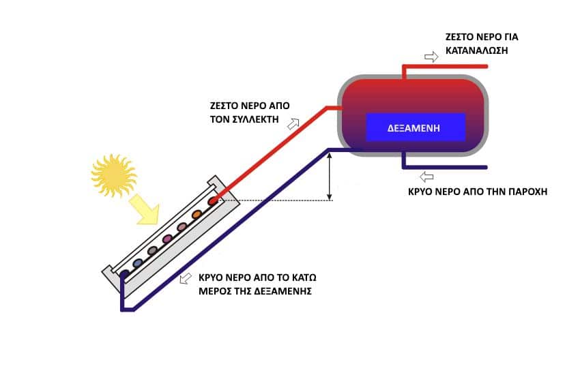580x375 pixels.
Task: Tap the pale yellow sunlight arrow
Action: tap(145, 209)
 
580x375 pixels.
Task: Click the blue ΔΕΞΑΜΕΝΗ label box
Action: tap(416, 127)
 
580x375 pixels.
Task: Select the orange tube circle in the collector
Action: tap(197, 214)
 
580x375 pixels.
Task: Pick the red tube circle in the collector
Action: tap(213, 202)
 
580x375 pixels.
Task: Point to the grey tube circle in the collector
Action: tap(153, 251)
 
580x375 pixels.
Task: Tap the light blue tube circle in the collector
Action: tap(138, 263)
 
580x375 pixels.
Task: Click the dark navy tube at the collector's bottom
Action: tap(124, 274)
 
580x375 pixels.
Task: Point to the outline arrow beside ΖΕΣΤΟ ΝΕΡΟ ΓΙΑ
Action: tap(431, 57)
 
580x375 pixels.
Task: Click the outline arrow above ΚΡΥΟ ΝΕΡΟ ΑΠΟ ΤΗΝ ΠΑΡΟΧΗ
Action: tap(428, 177)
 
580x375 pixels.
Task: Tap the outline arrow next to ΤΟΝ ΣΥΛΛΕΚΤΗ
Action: tap(294, 123)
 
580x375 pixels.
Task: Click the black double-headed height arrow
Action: tap(330, 177)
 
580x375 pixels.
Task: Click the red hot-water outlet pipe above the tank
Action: tap(444, 66)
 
